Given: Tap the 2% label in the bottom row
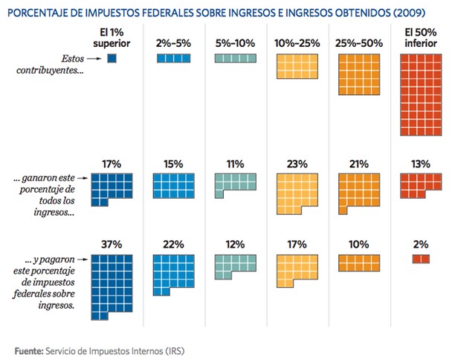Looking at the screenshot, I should [421, 245].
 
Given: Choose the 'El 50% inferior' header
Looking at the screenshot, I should [421, 38].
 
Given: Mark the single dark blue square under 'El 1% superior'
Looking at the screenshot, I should [112, 59].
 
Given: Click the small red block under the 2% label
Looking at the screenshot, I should [421, 259].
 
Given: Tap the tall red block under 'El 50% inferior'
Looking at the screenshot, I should [421, 96].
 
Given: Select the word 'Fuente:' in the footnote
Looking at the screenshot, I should [29, 350].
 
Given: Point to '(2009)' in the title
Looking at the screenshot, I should [426, 10].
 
